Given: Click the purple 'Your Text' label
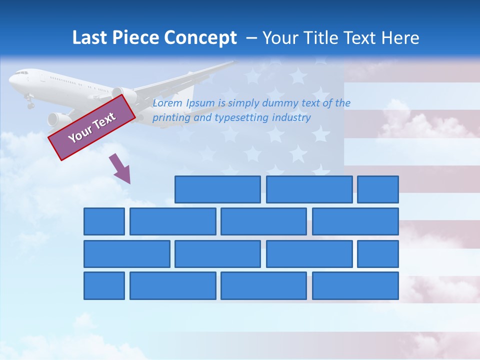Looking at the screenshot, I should coord(91,127).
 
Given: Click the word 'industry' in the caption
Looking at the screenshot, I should coord(291,117).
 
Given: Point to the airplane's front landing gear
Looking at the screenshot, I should coord(30,103).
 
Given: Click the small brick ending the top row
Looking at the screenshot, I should coord(378,189).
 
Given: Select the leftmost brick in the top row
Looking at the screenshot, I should coord(217,189).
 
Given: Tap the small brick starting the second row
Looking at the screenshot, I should coord(104,221).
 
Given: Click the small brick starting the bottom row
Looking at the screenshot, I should coord(104,286).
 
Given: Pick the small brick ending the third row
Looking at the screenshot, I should coord(378,254).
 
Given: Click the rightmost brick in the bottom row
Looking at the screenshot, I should coord(355,286).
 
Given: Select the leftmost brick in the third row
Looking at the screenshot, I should coord(127,254).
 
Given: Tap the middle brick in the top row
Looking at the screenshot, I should coord(309,189).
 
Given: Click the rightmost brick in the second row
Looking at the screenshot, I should coord(355,221).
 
